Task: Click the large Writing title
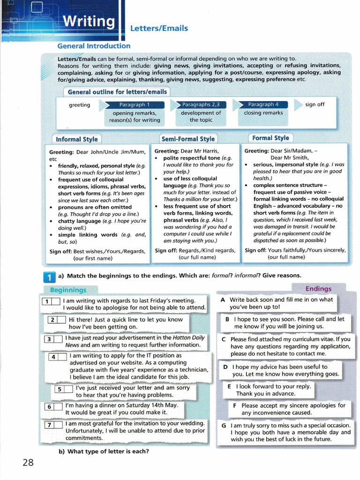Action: pos(89,22)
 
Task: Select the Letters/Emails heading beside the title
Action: pos(159,29)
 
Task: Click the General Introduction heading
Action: pos(94,46)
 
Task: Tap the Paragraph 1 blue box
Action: pos(134,105)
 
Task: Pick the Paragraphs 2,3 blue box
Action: pos(201,105)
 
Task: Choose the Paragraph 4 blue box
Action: pos(263,105)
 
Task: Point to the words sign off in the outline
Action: pos(315,105)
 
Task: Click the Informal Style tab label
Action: pos(77,139)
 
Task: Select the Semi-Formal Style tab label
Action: pos(188,139)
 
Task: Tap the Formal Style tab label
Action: pos(270,138)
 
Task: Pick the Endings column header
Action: pos(318,289)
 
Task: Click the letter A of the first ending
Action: pos(223,300)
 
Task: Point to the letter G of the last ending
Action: pos(224,425)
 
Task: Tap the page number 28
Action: pos(28,463)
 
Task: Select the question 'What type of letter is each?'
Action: pos(104,451)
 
